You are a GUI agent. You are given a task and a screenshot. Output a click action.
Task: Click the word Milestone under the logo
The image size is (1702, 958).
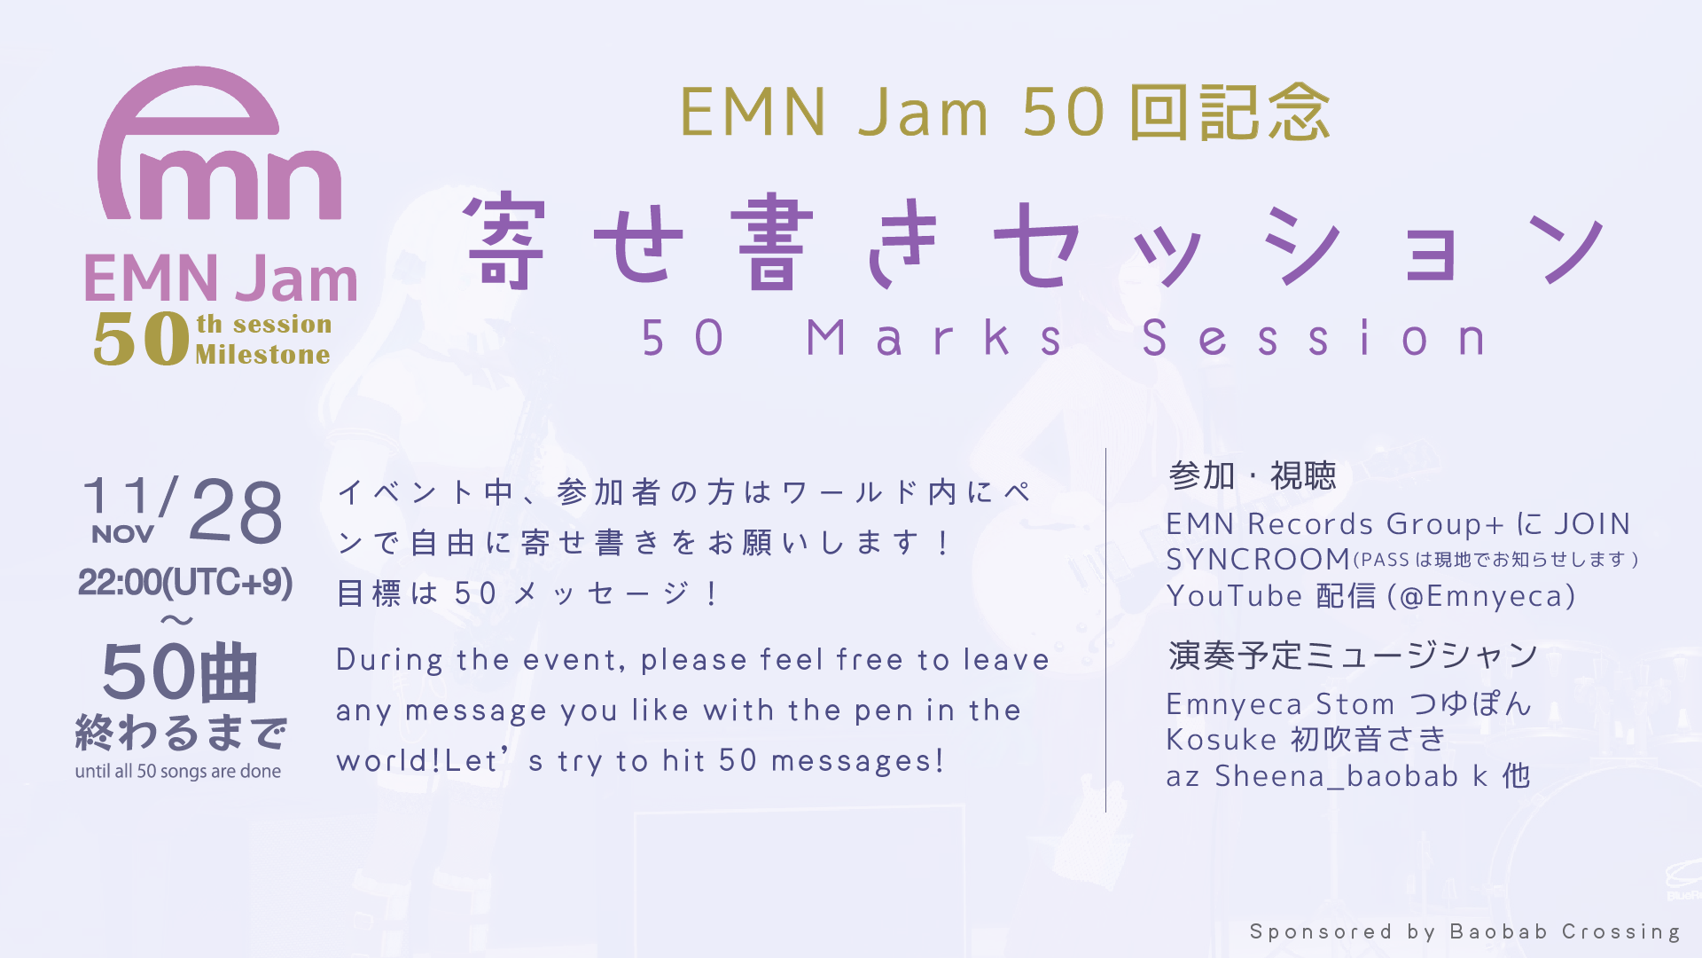(262, 355)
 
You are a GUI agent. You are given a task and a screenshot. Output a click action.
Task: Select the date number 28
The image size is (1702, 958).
(236, 512)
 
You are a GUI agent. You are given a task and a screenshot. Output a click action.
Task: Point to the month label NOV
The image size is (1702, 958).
(122, 534)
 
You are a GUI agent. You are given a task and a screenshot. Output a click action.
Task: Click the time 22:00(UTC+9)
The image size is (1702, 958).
(184, 583)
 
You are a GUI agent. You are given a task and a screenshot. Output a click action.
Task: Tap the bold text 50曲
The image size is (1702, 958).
(180, 672)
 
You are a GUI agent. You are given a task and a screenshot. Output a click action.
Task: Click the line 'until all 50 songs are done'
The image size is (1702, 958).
(178, 771)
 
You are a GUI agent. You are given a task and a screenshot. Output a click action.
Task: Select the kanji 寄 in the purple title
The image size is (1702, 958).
(504, 241)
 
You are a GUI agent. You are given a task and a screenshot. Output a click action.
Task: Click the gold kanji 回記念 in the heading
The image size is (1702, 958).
(1230, 113)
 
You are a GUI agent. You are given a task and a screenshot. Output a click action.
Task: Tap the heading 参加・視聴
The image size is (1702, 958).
(1252, 476)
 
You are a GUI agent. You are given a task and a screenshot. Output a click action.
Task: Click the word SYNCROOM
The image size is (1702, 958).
(1258, 560)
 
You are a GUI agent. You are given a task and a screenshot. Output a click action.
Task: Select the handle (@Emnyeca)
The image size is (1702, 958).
(1481, 596)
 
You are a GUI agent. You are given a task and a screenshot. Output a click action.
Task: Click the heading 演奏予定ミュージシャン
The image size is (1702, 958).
(1353, 656)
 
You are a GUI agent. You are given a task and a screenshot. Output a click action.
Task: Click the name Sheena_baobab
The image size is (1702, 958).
(1336, 776)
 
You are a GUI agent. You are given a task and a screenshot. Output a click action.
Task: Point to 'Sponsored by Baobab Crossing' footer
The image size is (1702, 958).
(1464, 931)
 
